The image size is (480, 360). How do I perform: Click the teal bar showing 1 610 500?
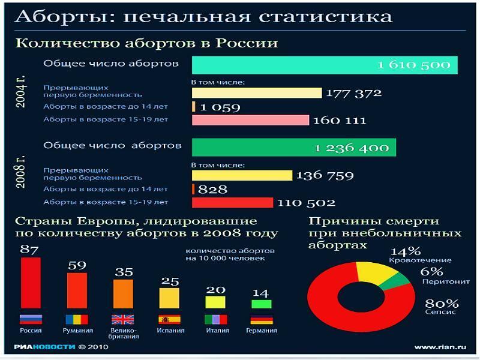324,65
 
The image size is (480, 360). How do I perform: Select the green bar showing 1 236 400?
293,147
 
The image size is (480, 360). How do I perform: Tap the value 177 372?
353,93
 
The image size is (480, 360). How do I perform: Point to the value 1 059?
220,107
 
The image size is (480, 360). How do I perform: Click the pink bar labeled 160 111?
250,120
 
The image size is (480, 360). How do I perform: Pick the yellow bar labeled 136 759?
242,175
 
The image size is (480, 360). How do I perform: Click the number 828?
212,190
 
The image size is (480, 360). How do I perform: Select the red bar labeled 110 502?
232,203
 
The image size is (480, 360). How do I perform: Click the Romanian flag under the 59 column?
77,319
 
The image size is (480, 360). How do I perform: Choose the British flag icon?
123,319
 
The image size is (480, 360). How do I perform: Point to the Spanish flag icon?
170,319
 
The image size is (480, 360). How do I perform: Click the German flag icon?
261,319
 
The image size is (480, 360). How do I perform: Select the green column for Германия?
261,304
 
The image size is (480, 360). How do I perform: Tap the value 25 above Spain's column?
170,281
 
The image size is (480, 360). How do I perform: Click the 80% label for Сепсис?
442,303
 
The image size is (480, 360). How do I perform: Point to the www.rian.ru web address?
440,347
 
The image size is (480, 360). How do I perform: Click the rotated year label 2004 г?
21,92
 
